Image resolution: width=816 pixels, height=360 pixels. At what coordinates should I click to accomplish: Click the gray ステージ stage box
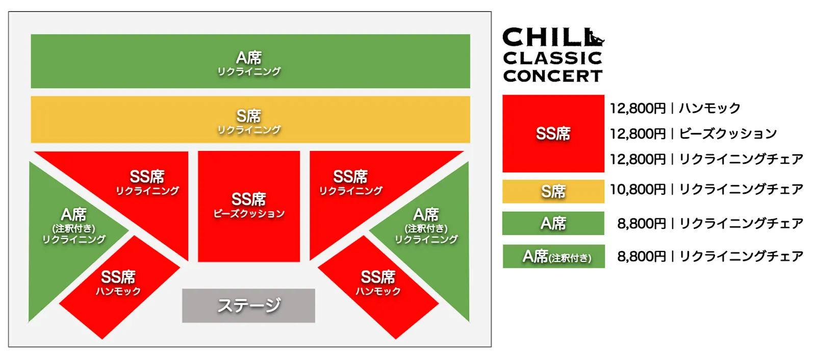tap(248, 305)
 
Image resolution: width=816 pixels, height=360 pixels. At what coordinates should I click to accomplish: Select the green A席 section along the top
tap(250, 61)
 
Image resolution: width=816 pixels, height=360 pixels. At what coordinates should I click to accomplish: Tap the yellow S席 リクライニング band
tap(250, 120)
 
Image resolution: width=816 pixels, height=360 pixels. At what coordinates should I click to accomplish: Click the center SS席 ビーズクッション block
tap(249, 206)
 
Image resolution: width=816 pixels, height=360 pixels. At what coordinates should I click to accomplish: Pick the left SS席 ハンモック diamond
tap(118, 284)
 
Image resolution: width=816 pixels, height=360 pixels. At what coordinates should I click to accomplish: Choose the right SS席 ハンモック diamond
tap(378, 284)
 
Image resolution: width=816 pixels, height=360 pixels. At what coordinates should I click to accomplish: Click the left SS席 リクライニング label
tap(147, 182)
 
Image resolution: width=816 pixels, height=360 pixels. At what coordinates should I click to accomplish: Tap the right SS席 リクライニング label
tap(350, 182)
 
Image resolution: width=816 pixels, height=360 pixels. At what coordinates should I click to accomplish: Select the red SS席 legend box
tap(553, 134)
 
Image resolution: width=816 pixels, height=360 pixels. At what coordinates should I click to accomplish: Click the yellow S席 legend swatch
tap(553, 191)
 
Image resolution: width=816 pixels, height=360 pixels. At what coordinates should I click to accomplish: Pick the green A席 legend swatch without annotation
tap(553, 223)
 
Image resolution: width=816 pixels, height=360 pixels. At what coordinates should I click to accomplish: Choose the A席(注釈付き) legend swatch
tap(554, 256)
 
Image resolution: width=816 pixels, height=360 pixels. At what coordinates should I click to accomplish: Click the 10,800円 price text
tap(637, 190)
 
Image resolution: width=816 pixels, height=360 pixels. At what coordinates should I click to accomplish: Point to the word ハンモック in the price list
tap(709, 108)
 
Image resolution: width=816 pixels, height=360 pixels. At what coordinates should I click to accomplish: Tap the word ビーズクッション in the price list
tap(728, 134)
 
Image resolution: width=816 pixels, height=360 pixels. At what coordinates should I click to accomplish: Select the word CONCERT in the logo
tap(553, 76)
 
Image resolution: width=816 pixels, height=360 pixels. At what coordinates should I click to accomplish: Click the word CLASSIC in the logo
tap(553, 58)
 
